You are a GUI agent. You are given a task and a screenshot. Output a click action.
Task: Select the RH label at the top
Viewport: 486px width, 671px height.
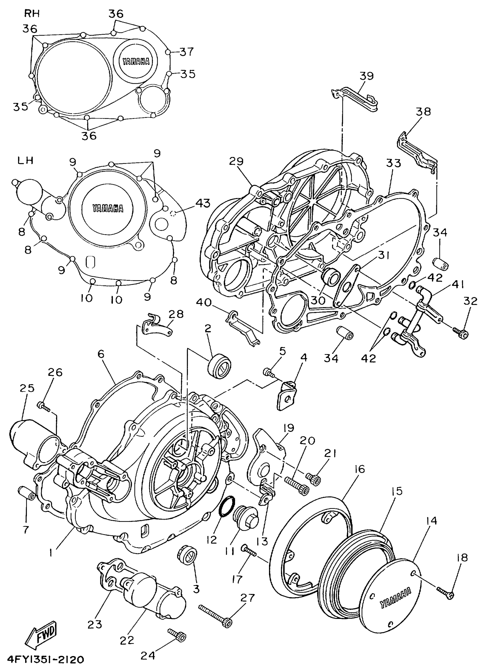32,13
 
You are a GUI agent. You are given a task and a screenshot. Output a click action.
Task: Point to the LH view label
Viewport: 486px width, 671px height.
25,160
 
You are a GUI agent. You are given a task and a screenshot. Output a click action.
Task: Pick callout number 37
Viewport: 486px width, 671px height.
186,52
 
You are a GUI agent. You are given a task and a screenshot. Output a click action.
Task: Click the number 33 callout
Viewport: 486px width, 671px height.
393,163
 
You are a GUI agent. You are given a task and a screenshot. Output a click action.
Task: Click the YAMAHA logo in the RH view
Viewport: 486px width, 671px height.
136,61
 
